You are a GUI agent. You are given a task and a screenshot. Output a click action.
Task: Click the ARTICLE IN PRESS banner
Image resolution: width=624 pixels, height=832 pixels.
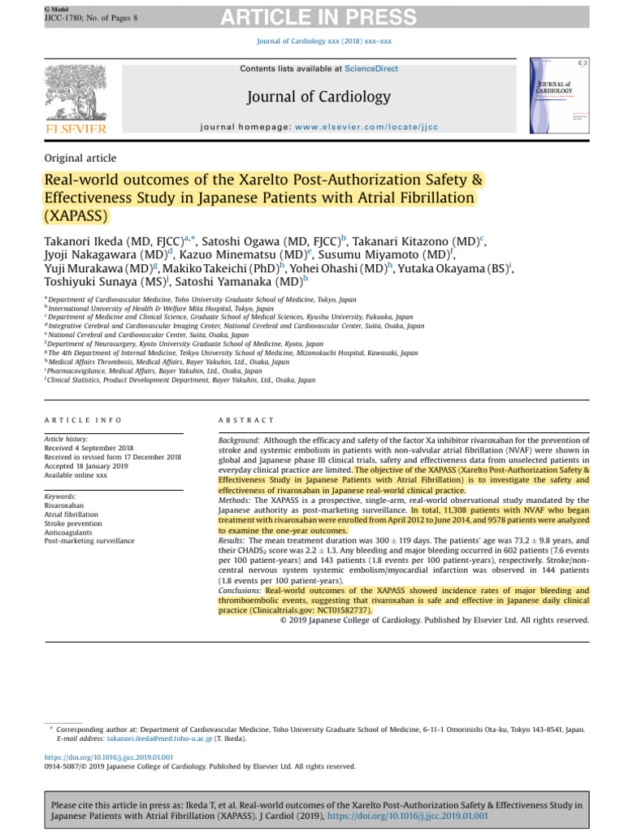point(312,14)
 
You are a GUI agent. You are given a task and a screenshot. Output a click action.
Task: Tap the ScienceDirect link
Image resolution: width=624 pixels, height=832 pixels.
point(371,69)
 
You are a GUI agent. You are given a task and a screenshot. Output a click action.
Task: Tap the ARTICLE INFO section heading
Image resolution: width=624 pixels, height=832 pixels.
point(83,420)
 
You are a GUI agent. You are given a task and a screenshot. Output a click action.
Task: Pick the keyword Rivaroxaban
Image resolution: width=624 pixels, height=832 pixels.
point(64,505)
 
